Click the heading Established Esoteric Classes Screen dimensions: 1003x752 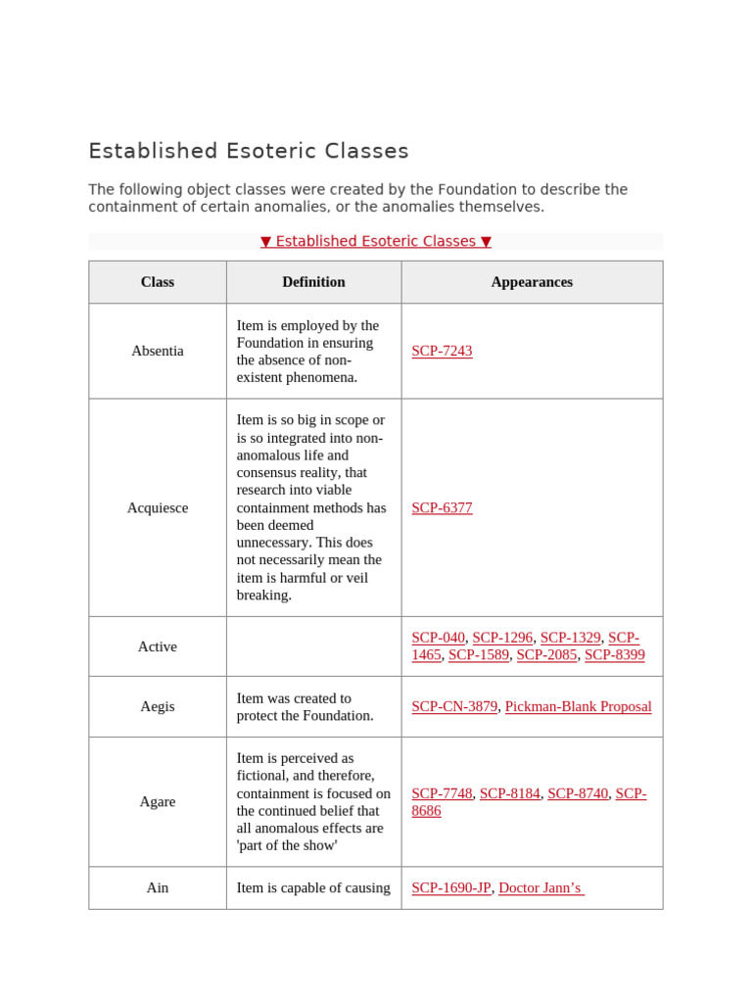tap(249, 151)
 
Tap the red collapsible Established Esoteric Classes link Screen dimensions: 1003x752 tap(376, 241)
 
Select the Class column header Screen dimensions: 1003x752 tap(157, 282)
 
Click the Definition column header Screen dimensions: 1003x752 tap(313, 282)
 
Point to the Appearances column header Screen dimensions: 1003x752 tap(532, 282)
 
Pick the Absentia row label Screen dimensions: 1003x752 tap(157, 351)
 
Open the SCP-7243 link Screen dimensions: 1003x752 tap(442, 351)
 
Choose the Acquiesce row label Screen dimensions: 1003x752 tap(157, 507)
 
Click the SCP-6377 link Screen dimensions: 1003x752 tap(442, 507)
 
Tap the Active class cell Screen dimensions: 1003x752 tap(157, 646)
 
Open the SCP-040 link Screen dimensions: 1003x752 tap(438, 638)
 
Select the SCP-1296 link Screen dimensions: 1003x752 tap(502, 638)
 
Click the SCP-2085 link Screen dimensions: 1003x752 tap(547, 655)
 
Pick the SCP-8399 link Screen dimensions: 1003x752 tap(615, 655)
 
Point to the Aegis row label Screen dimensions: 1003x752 tap(157, 706)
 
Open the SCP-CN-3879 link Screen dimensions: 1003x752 tap(454, 706)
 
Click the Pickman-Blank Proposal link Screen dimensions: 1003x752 tap(578, 706)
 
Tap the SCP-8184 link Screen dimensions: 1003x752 tap(509, 793)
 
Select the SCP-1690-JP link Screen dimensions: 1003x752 tap(450, 887)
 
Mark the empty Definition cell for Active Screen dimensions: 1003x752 tap(313, 646)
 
